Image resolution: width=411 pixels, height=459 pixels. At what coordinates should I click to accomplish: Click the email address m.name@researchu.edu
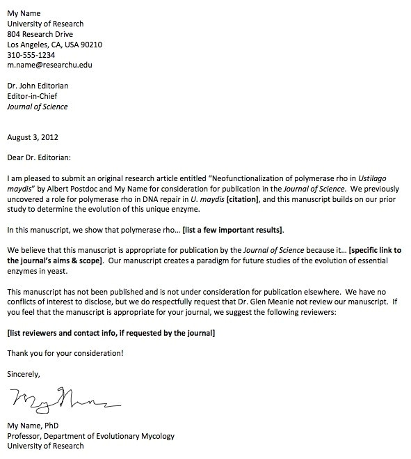49,65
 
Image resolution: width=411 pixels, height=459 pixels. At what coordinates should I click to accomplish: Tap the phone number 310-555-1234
31,54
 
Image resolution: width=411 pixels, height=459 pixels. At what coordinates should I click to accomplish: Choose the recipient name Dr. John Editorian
38,86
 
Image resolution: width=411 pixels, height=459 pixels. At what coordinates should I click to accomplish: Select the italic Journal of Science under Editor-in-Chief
37,107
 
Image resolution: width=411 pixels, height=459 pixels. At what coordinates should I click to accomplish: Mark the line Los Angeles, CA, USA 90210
54,44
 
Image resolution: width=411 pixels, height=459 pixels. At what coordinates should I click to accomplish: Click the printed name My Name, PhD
33,426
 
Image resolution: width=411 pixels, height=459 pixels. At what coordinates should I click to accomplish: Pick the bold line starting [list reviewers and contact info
111,333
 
